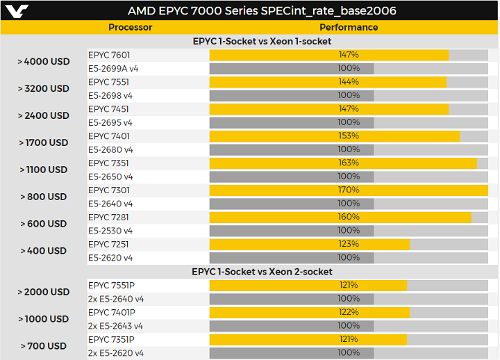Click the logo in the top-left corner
(x=15, y=10)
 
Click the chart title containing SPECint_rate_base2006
(x=262, y=11)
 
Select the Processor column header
(x=131, y=27)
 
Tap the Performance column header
(x=349, y=27)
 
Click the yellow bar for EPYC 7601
(x=328, y=55)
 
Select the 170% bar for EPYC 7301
(x=349, y=190)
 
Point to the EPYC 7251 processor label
(x=109, y=245)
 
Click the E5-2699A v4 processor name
(x=114, y=68)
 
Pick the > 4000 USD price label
(x=44, y=61)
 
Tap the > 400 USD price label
(x=44, y=251)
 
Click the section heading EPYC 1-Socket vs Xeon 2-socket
(x=262, y=272)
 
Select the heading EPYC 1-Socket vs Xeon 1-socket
(x=262, y=42)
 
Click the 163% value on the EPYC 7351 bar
(x=349, y=163)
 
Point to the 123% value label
(x=349, y=245)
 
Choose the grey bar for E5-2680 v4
(x=292, y=149)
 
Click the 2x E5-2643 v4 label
(x=116, y=326)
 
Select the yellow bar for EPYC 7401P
(x=309, y=313)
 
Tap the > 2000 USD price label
(x=44, y=292)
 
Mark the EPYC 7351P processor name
(x=112, y=340)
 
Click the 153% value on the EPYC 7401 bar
(x=349, y=136)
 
